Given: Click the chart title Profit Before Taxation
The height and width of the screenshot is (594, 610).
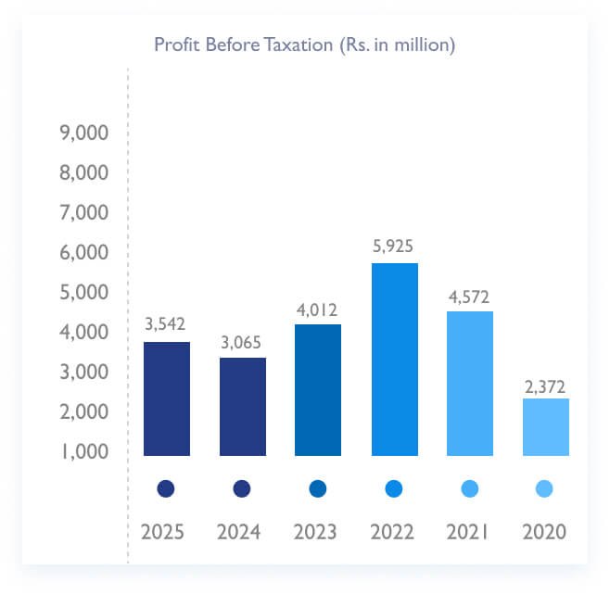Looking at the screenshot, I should tap(304, 44).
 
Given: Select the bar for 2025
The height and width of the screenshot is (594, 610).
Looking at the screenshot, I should tap(166, 398).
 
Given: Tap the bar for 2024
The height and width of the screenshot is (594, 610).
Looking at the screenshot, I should tap(242, 407).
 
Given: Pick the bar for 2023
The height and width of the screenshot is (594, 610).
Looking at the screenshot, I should tap(318, 390).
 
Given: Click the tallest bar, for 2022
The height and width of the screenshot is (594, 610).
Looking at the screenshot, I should tap(394, 360).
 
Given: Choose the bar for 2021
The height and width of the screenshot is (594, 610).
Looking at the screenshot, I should tap(469, 384).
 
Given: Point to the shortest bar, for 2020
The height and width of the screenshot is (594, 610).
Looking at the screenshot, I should tap(545, 427).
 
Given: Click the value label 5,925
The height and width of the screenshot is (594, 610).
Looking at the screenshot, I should tap(394, 246).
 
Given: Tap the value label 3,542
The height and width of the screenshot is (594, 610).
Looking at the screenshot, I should tap(166, 325).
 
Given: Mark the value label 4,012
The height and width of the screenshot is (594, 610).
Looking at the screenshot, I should tap(318, 309).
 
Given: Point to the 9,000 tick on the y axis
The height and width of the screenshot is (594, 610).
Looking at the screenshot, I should tap(83, 133).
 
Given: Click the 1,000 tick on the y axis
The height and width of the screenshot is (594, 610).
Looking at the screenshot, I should tap(83, 451).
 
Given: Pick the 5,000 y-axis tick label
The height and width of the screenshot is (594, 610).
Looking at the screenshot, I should tap(83, 293).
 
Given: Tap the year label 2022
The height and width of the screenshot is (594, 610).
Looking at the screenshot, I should tap(394, 533).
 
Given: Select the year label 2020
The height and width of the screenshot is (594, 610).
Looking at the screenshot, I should tap(545, 533).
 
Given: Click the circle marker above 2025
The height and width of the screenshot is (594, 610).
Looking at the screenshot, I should tap(166, 488).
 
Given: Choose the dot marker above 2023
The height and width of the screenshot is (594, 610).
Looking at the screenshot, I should tap(318, 488).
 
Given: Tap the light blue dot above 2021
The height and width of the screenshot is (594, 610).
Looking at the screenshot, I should tap(469, 488).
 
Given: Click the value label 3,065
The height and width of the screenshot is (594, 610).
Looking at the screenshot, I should tap(242, 342).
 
